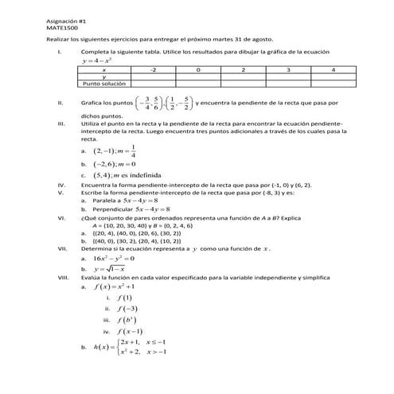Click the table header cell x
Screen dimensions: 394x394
[x=104, y=70]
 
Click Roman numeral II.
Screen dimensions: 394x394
[x=61, y=103]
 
